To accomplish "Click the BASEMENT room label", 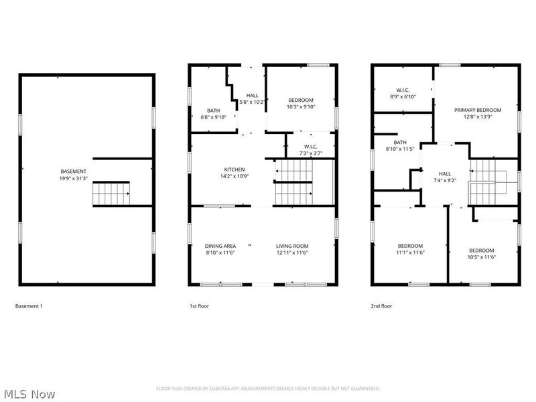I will click(x=74, y=172).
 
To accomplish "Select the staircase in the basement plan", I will click(x=111, y=194).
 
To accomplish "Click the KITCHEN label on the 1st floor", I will click(x=234, y=170).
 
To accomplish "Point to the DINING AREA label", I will click(x=220, y=246).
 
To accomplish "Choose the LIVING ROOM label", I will click(x=292, y=246).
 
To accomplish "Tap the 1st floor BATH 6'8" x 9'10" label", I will click(x=213, y=111).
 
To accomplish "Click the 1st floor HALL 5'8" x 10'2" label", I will click(x=252, y=96).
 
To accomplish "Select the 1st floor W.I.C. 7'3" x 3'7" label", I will click(x=310, y=147).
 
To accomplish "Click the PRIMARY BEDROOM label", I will click(x=478, y=110).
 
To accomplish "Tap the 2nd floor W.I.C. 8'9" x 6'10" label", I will click(x=403, y=90).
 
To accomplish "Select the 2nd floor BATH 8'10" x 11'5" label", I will click(x=400, y=143).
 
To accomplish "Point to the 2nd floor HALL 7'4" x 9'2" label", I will click(x=445, y=174).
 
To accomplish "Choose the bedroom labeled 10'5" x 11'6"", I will click(x=481, y=251).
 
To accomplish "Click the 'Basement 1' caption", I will click(x=29, y=306).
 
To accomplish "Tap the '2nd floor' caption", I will click(x=381, y=306).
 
